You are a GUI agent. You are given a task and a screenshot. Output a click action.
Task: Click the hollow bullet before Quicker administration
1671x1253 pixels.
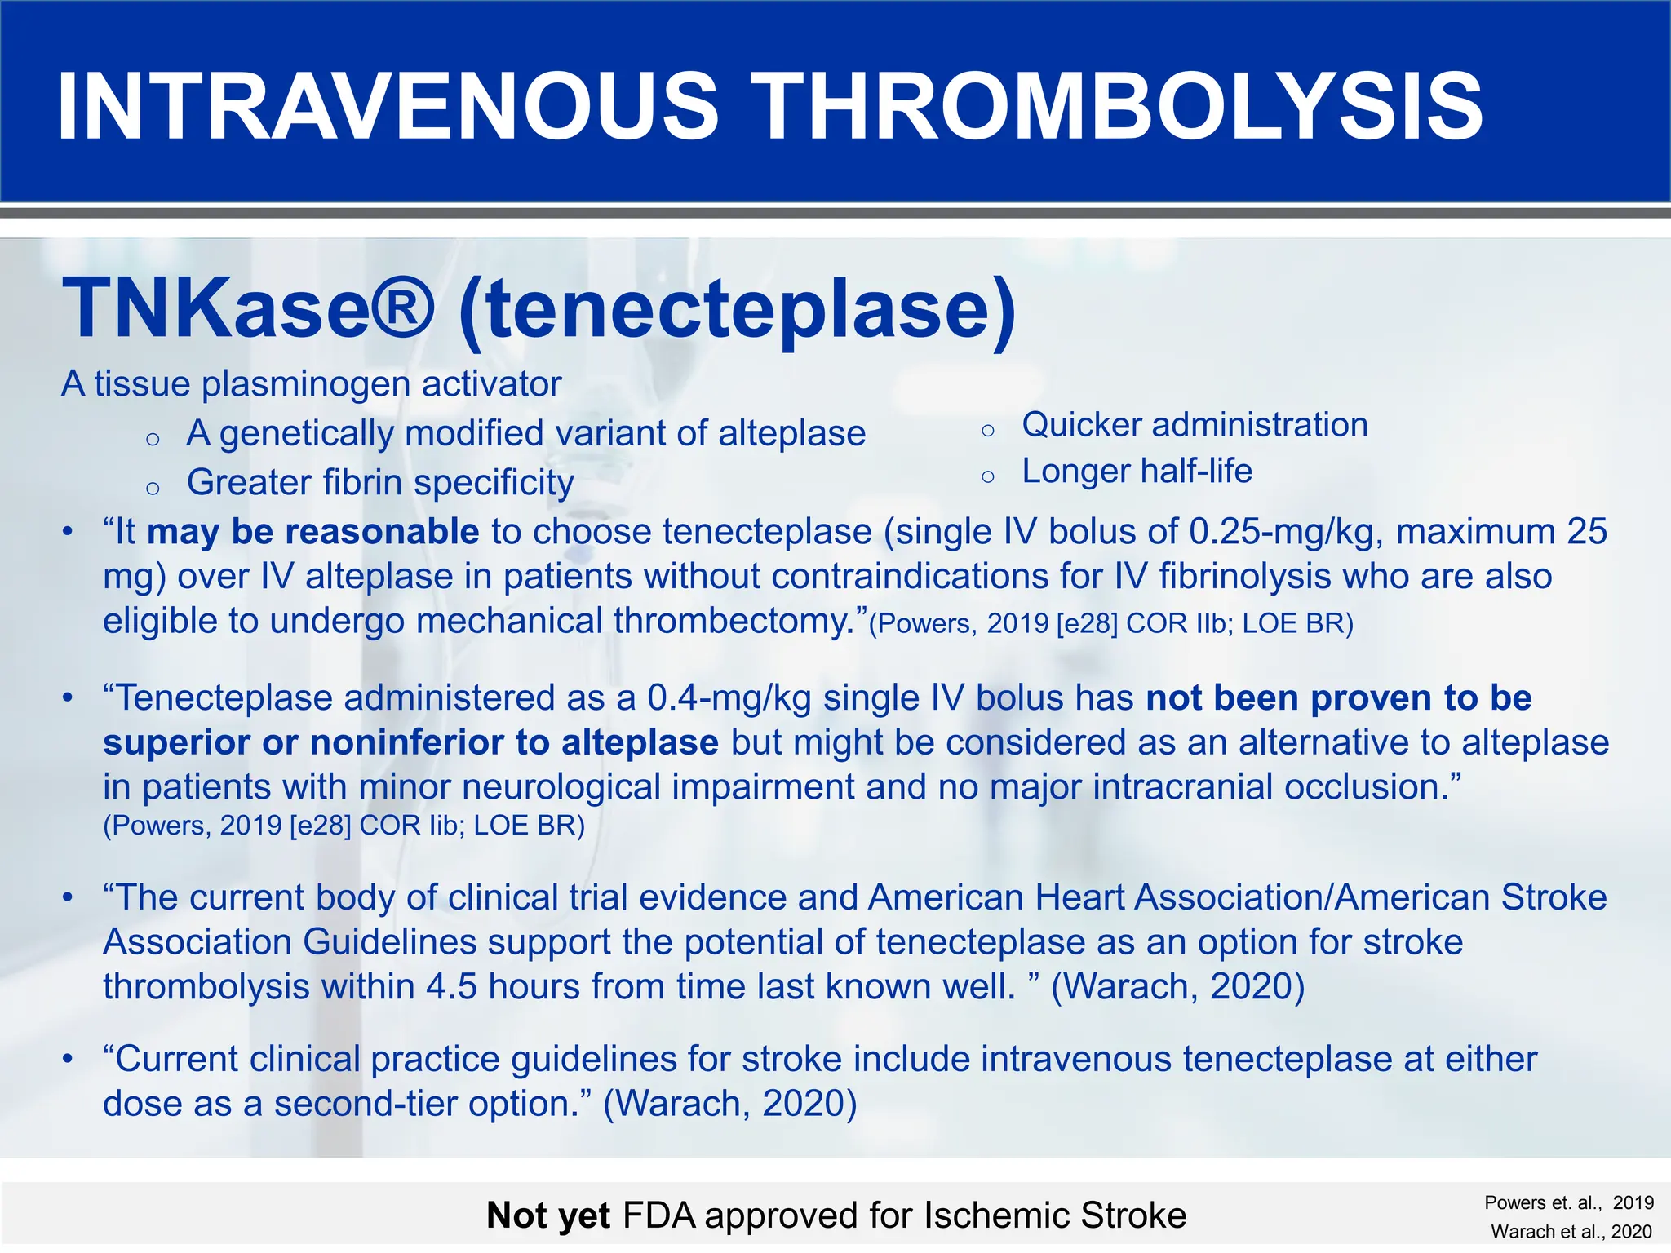(988, 430)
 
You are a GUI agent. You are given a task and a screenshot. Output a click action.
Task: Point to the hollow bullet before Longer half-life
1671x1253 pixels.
(988, 476)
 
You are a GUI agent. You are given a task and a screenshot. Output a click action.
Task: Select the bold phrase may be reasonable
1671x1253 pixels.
(312, 532)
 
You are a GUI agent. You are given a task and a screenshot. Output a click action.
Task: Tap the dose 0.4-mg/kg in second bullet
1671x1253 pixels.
(729, 698)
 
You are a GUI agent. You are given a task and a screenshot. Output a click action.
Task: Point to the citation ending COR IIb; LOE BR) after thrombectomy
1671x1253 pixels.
(1110, 624)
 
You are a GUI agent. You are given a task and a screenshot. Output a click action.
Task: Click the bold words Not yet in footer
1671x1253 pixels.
(547, 1215)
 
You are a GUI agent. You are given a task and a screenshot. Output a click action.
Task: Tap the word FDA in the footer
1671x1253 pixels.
(658, 1215)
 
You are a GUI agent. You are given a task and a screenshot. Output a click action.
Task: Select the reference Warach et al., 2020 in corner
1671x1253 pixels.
(1571, 1232)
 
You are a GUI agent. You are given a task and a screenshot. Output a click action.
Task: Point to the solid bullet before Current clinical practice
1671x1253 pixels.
(69, 1060)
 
